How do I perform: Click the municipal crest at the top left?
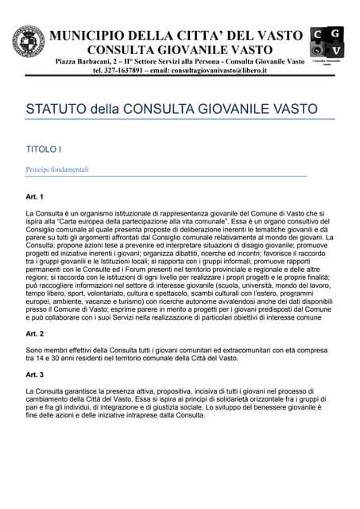pyautogui.click(x=29, y=42)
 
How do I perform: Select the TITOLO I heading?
pyautogui.click(x=44, y=149)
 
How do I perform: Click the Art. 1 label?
pyautogui.click(x=35, y=196)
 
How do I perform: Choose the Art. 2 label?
pyautogui.click(x=35, y=333)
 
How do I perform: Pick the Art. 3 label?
pyautogui.click(x=35, y=374)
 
